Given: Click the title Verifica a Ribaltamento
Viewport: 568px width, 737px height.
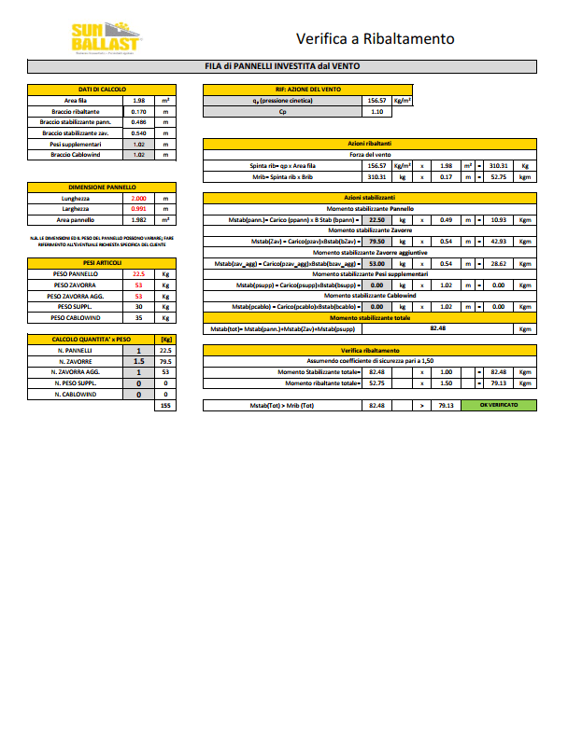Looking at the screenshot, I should coord(375,39).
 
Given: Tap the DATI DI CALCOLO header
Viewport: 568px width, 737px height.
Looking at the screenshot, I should coord(102,89).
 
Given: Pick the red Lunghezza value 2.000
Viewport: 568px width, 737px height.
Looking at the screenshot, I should coord(139,199).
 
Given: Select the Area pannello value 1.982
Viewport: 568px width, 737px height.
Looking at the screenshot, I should coord(139,220).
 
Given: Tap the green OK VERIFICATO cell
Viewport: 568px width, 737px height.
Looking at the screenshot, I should coord(498,406).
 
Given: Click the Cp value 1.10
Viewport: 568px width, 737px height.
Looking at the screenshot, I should coord(377,111).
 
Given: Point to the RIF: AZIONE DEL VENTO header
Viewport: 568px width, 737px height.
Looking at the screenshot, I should coord(308,89).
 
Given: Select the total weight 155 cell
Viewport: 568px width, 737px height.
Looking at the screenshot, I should coord(165,406).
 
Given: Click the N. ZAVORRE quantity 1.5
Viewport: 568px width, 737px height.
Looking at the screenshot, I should coord(139,361).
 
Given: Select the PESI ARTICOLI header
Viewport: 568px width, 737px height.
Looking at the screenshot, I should coord(102,263).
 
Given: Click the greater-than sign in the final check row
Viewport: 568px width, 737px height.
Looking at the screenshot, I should coord(420,406).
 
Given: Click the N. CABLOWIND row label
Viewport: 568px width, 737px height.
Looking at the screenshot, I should coord(74,395).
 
